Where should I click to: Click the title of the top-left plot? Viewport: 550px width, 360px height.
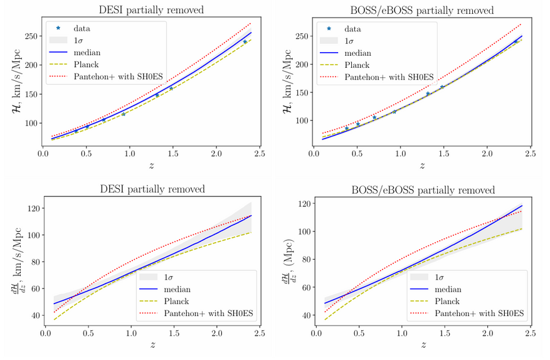pos(151,10)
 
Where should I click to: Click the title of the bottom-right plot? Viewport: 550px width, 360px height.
pos(423,190)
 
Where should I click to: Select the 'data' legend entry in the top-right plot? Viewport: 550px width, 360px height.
pos(344,29)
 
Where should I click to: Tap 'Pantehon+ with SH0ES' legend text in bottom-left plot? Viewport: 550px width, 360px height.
pos(208,314)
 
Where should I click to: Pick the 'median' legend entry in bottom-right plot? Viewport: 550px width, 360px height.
pos(436,290)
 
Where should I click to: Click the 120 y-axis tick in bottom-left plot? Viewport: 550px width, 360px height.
pos(34,208)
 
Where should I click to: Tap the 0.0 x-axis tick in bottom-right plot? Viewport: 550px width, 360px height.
pos(316,333)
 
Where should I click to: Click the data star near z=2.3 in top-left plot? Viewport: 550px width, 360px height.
pos(245,42)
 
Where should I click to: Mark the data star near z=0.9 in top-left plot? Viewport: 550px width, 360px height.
pos(124,114)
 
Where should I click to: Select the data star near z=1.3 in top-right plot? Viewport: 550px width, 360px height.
pos(428,93)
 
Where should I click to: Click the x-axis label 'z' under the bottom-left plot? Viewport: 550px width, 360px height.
pos(152,345)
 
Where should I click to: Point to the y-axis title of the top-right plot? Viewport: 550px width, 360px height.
pos(287,82)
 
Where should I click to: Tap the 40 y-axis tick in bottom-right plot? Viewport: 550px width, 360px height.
pos(307,315)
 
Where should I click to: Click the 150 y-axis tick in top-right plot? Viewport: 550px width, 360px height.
pos(302,93)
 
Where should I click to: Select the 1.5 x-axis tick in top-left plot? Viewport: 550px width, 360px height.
pos(173,153)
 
